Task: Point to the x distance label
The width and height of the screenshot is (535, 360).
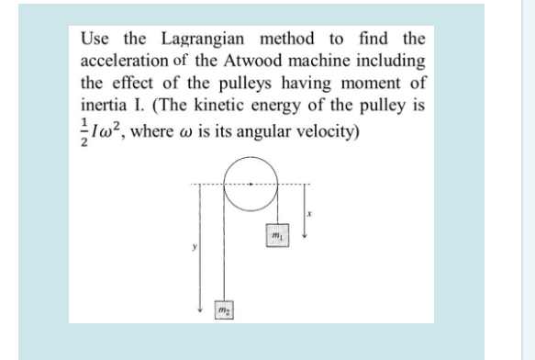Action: pyautogui.click(x=310, y=213)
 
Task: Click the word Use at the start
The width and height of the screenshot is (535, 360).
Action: pyautogui.click(x=95, y=39)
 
